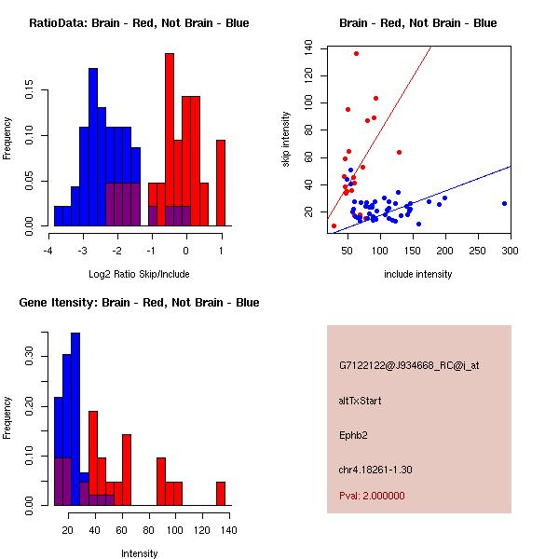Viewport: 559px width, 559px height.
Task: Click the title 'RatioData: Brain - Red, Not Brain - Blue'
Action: [x=139, y=22]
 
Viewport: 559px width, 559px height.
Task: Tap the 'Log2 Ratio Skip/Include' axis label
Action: [x=139, y=276]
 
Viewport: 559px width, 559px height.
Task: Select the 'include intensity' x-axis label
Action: [x=418, y=274]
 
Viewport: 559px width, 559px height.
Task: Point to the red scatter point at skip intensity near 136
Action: [x=356, y=53]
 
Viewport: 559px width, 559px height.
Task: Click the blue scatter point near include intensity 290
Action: [x=504, y=203]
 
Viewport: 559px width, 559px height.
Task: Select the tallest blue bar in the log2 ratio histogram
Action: [x=93, y=146]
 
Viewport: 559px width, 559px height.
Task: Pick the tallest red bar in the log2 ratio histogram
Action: [x=170, y=140]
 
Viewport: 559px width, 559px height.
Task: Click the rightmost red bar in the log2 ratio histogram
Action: [x=221, y=183]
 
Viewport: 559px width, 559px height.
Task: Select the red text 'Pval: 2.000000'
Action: [x=372, y=496]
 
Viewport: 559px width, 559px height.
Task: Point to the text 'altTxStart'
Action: [x=361, y=401]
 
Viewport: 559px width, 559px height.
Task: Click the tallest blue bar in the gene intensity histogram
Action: [x=75, y=419]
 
